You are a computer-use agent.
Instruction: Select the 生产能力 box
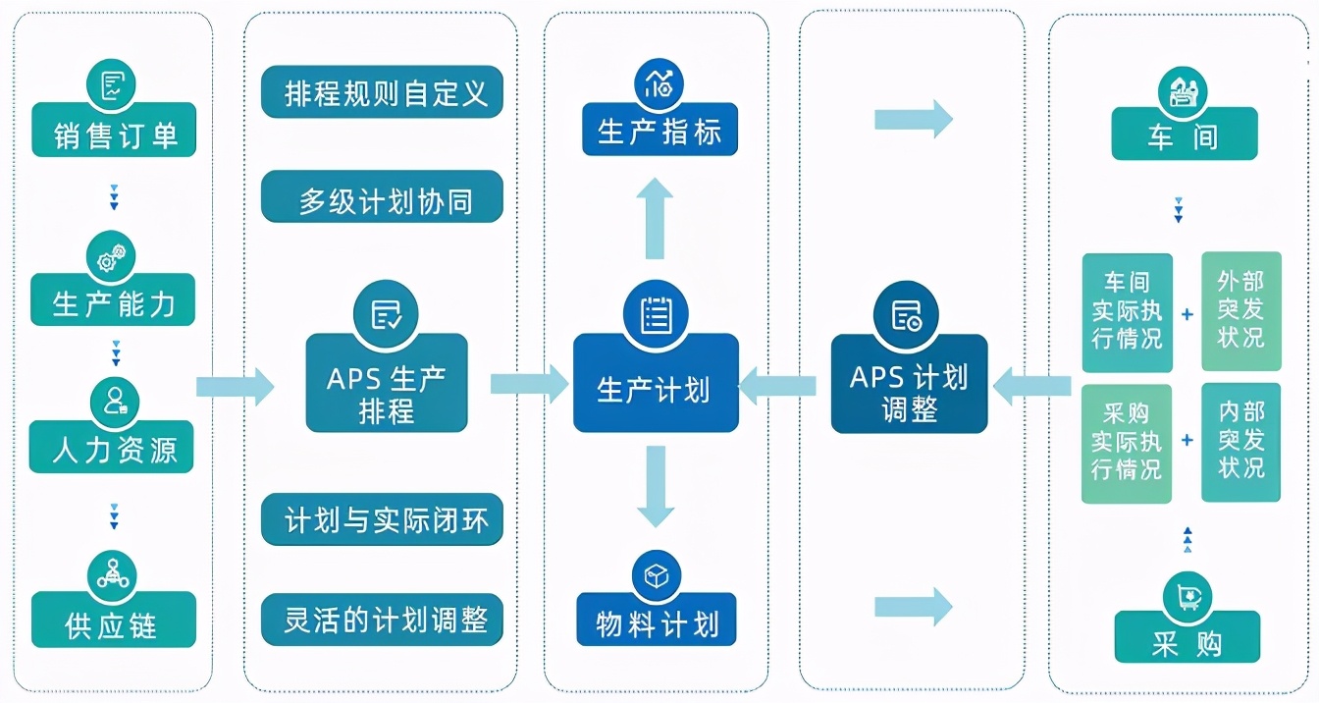tap(113, 301)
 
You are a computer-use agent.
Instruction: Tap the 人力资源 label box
tap(113, 449)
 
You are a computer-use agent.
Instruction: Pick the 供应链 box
tap(113, 622)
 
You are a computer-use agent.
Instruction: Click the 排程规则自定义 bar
tap(382, 93)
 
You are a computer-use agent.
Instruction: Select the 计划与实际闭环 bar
tap(382, 520)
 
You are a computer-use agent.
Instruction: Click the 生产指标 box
tap(659, 131)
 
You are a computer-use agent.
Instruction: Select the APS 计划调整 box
tap(909, 390)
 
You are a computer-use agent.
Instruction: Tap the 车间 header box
tap(1184, 135)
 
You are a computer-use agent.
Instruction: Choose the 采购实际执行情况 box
tap(1127, 443)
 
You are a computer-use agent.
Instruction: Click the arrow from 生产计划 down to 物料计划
tap(655, 486)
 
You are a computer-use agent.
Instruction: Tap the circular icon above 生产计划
tap(656, 314)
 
